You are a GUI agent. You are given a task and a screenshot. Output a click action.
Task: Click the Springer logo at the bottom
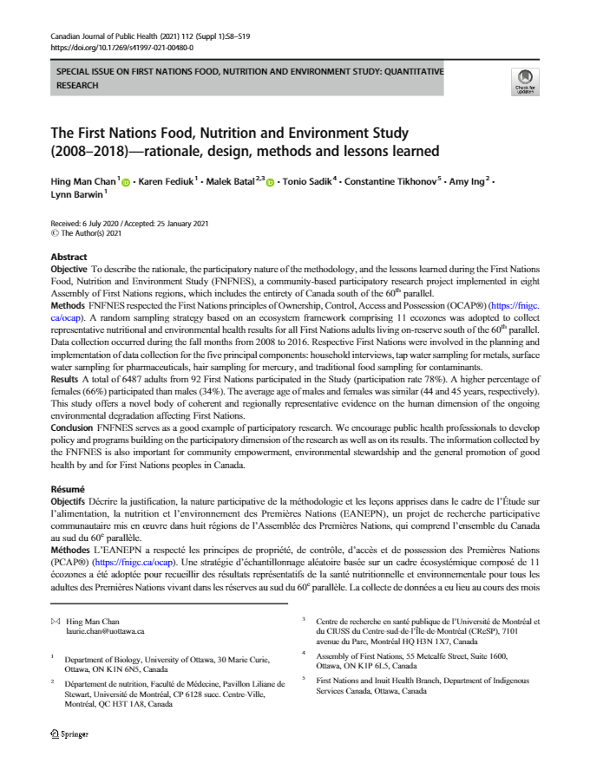(x=70, y=734)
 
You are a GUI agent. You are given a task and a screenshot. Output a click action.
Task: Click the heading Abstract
(x=69, y=258)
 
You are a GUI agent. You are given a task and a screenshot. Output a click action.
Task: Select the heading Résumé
(x=69, y=489)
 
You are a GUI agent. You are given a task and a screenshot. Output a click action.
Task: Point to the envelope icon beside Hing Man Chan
(x=56, y=622)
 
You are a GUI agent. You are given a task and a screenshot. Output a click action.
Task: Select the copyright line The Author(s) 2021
(x=90, y=233)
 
